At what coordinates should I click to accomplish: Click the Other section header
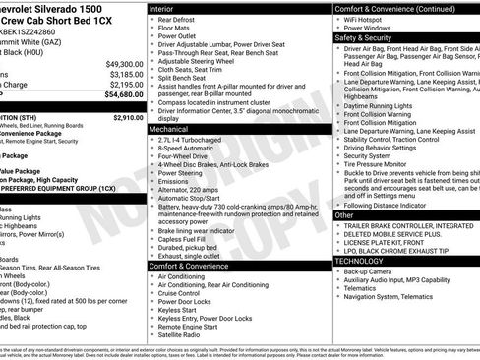pos(344,214)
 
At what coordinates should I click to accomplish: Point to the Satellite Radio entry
pos(184,334)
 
